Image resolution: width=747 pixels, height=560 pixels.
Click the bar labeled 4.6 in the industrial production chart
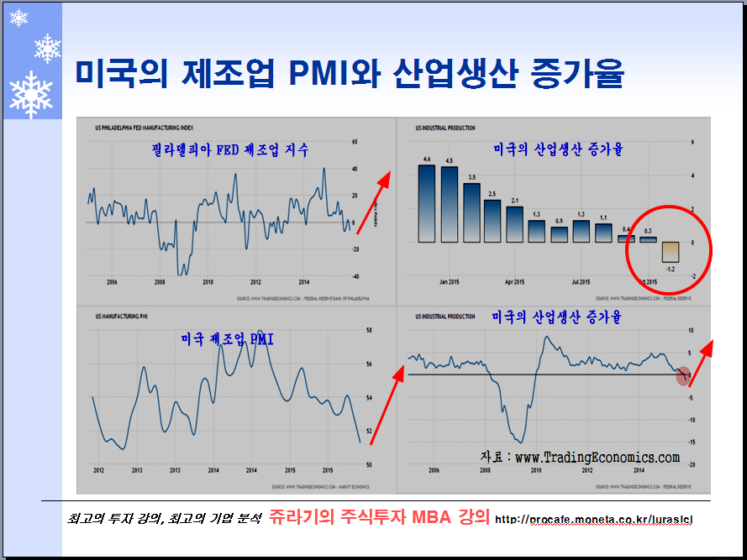[x=426, y=202]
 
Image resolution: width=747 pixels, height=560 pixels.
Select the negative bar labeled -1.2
[x=670, y=253]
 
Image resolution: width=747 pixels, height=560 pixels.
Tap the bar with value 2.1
[x=514, y=223]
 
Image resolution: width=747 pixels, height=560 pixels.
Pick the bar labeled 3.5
[x=471, y=212]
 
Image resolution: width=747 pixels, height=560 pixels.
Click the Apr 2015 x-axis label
[x=514, y=282]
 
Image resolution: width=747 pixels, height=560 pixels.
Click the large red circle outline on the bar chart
[x=670, y=249]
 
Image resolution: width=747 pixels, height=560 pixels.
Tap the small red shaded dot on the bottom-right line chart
[x=684, y=376]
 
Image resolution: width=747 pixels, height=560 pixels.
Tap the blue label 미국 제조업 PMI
[x=227, y=340]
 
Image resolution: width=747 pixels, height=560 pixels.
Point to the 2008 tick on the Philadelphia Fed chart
[x=160, y=282]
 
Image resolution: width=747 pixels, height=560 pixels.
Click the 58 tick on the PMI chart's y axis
[x=369, y=331]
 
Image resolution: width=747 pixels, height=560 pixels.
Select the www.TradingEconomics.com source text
[x=596, y=458]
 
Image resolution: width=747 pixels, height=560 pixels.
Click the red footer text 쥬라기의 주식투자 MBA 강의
[x=379, y=517]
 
